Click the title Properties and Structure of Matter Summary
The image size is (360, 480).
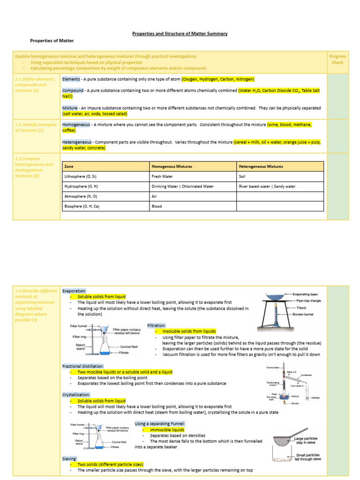coord(180,34)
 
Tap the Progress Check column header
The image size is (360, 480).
coord(337,60)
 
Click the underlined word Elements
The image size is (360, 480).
coord(71,79)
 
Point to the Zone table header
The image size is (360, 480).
coord(69,166)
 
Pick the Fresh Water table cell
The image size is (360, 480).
coord(162,176)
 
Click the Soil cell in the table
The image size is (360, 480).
coord(243,176)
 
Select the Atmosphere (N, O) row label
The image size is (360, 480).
coord(81,196)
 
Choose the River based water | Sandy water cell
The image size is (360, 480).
coord(267,187)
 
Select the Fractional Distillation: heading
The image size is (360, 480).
coord(83,366)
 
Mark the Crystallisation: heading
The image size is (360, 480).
coord(76,395)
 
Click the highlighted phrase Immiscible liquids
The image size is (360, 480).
coord(167,429)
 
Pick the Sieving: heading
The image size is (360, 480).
coord(70,458)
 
